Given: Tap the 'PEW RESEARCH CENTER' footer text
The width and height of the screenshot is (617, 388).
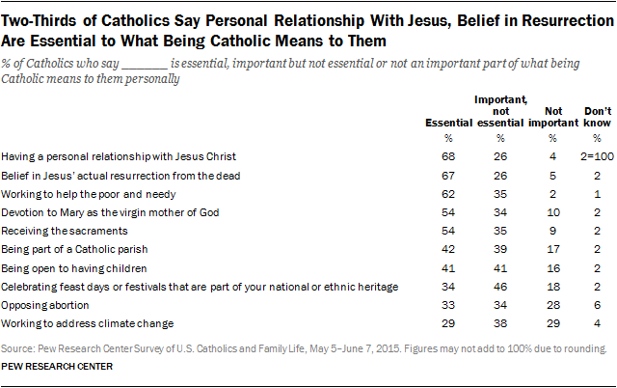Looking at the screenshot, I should point(58,368).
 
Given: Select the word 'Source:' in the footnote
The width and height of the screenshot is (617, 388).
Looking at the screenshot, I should point(18,347).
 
